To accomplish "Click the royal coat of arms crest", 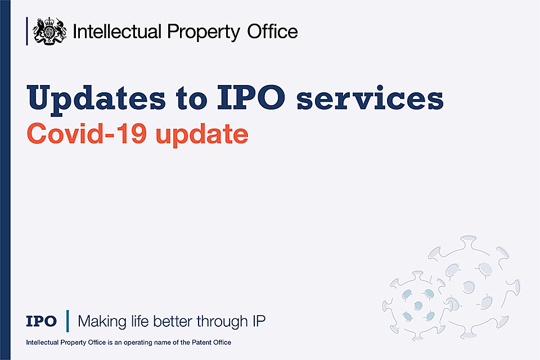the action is click(x=49, y=31).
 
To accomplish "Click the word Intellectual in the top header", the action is click(x=117, y=31).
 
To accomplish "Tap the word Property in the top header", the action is click(x=204, y=33).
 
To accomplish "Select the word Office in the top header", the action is click(x=272, y=31).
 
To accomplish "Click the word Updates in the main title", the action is click(x=96, y=99).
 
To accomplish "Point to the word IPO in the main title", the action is click(x=251, y=97).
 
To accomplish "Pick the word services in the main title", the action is click(x=370, y=98).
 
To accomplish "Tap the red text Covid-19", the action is click(x=87, y=133).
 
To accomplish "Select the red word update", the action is click(x=202, y=134).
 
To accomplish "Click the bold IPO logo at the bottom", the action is click(x=41, y=321).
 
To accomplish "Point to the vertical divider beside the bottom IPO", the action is click(x=67, y=321).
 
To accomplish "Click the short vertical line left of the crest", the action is click(x=27, y=31).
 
